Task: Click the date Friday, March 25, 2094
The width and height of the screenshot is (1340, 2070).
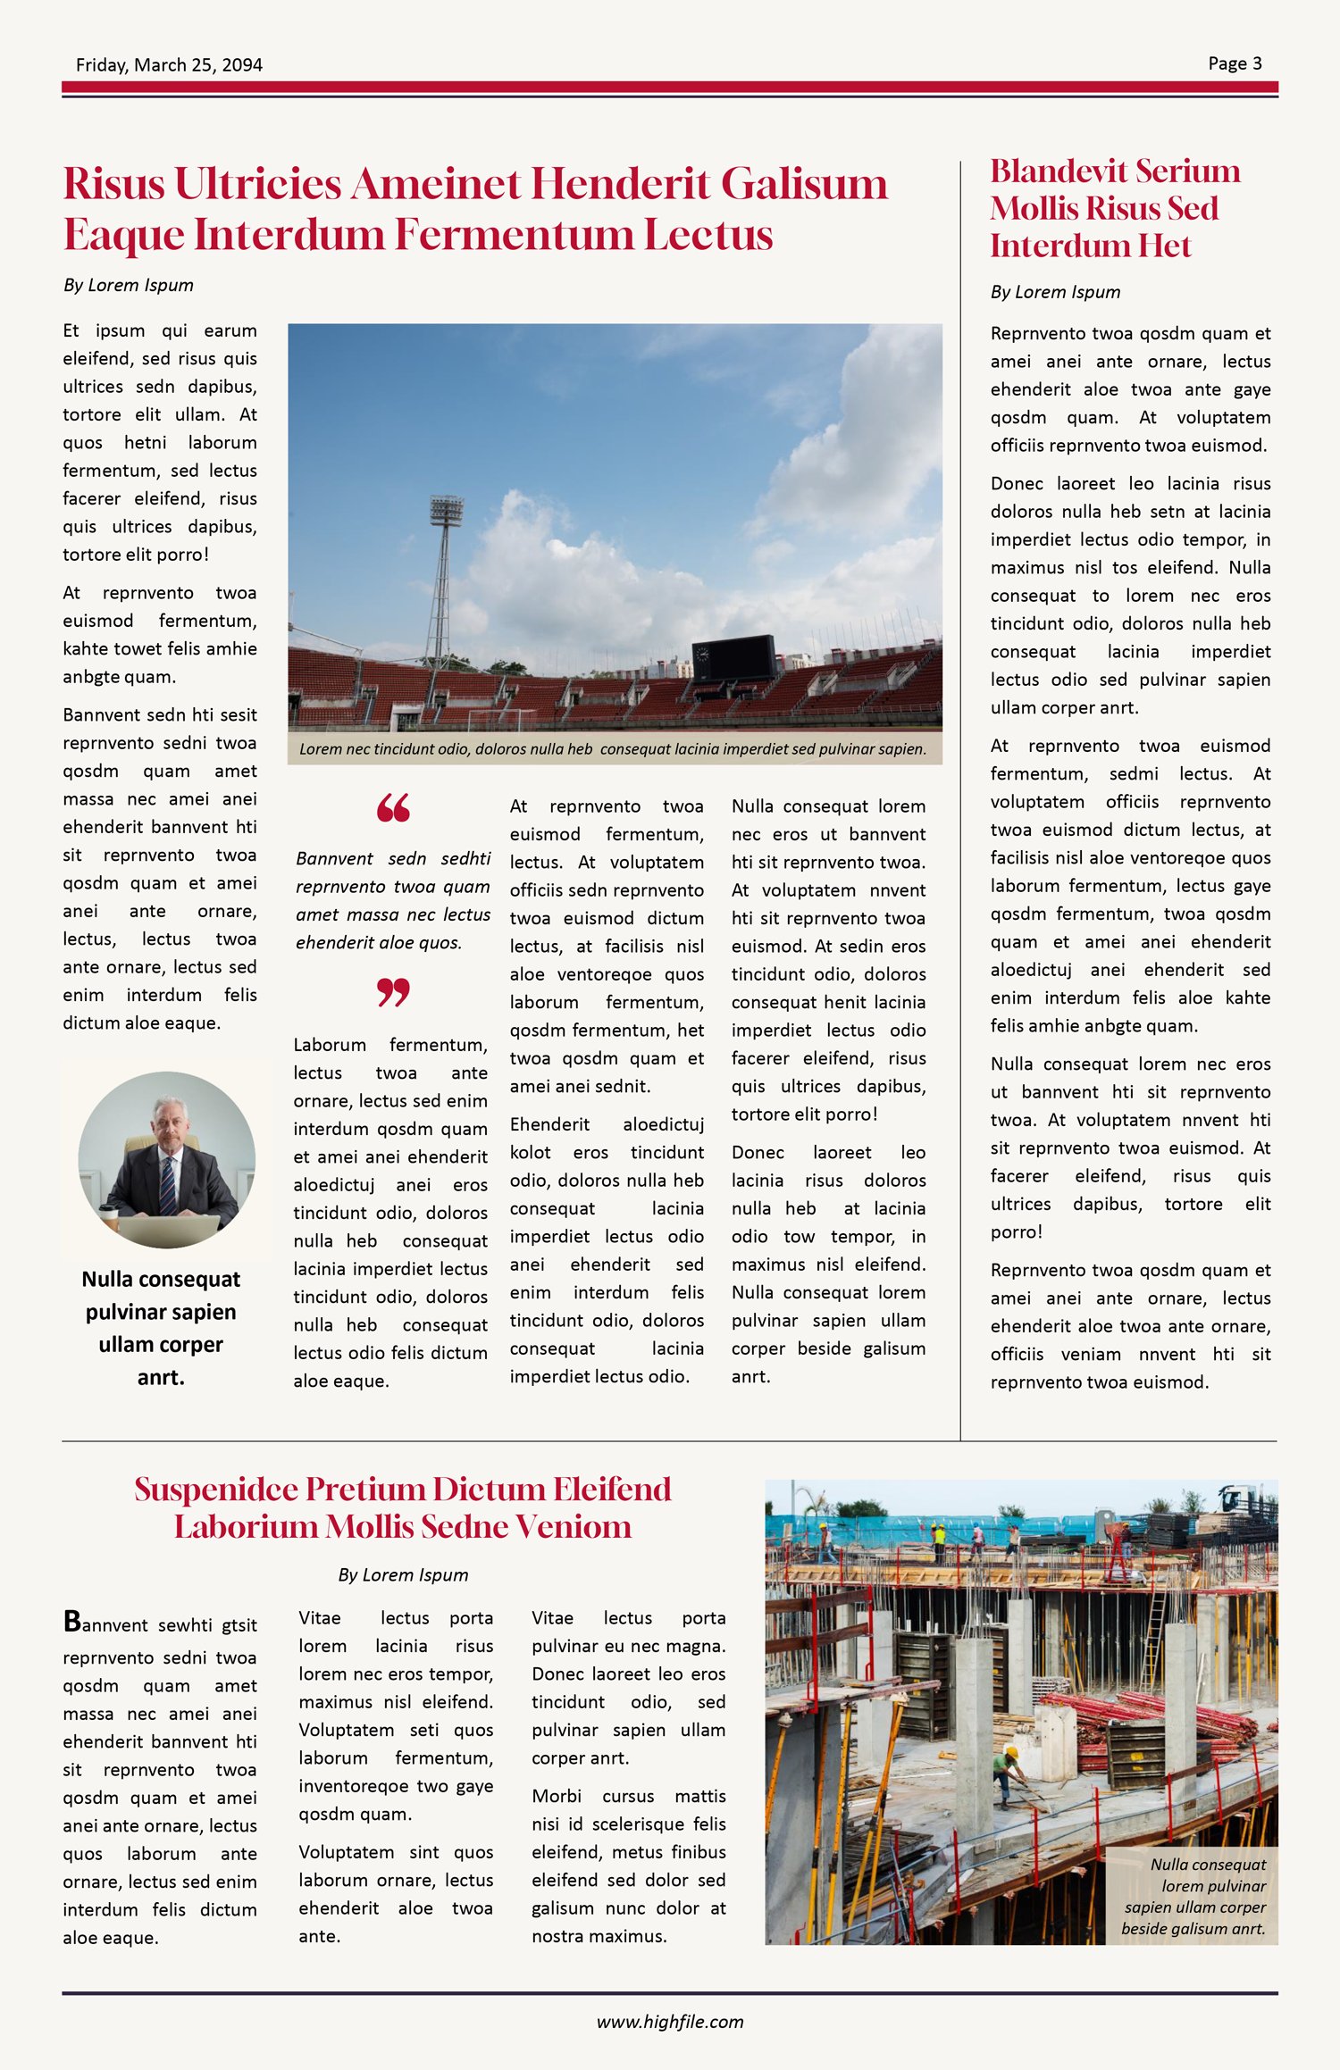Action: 169,64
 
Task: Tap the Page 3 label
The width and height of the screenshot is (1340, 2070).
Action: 1235,63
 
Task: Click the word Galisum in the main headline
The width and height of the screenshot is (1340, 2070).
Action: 804,184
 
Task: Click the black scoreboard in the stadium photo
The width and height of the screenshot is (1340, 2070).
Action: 734,659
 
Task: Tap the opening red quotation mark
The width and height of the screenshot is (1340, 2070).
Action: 393,808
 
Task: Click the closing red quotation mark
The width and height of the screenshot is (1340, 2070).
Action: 393,992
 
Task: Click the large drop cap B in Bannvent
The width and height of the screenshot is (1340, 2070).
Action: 71,1622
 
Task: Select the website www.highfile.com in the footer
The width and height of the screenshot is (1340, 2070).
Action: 670,2022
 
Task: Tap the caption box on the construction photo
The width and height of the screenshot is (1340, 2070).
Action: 1193,1896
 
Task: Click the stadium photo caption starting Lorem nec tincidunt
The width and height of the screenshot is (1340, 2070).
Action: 613,749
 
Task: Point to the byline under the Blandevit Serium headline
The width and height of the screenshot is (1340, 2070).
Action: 1055,292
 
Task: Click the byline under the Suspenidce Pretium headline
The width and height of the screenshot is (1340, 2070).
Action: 403,1575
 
